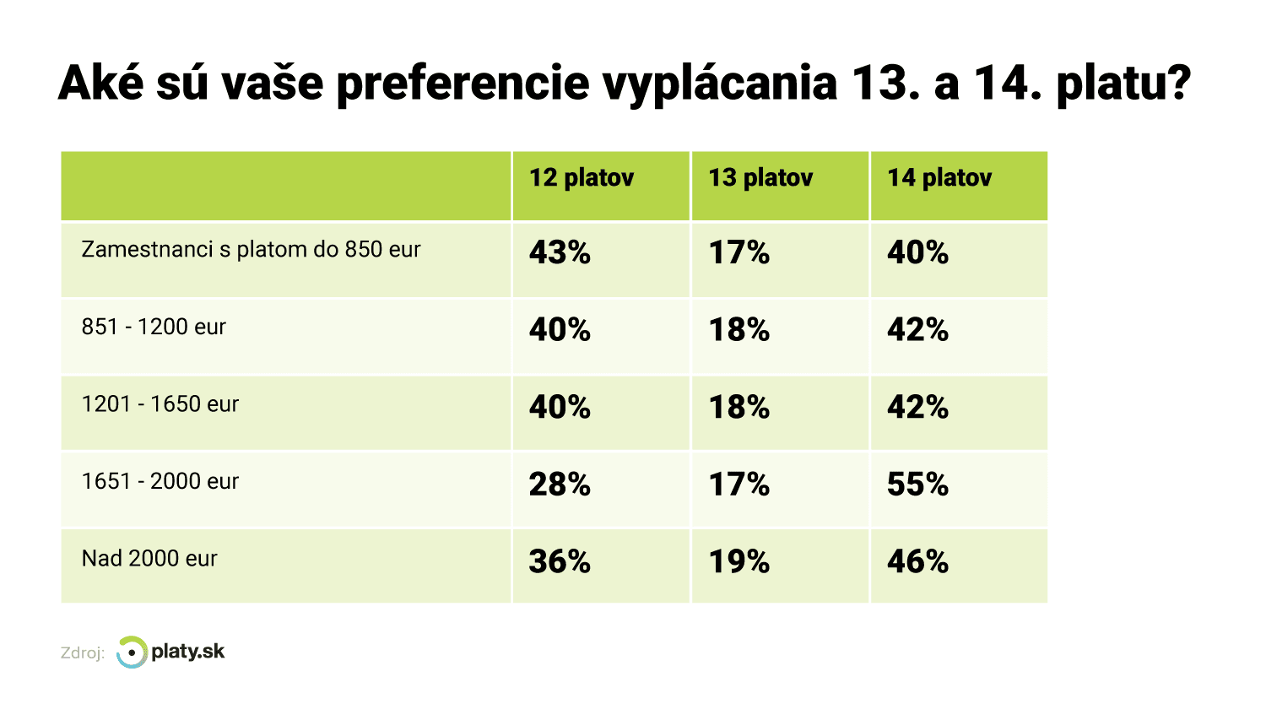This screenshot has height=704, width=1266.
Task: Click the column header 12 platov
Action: pyautogui.click(x=582, y=178)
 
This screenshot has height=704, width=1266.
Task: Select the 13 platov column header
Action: pyautogui.click(x=760, y=178)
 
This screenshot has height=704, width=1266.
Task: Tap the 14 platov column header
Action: pyautogui.click(x=939, y=178)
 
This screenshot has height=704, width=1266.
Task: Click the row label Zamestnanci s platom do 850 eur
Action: pyautogui.click(x=251, y=250)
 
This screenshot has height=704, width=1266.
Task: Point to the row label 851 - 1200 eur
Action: pyautogui.click(x=154, y=327)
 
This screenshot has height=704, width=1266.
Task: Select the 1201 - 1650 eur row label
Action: pyautogui.click(x=160, y=404)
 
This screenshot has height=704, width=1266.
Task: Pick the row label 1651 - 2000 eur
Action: pyautogui.click(x=160, y=481)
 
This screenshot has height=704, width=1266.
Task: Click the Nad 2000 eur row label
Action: pyautogui.click(x=149, y=559)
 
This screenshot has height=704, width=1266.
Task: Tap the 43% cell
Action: pyautogui.click(x=560, y=252)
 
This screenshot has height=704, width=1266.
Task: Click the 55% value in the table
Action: pyautogui.click(x=917, y=485)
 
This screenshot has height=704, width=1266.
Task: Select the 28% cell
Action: pyautogui.click(x=560, y=485)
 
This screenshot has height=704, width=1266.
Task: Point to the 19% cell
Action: pyautogui.click(x=738, y=562)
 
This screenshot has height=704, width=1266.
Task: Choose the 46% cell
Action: pyautogui.click(x=917, y=562)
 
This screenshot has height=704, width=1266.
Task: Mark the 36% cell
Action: pyautogui.click(x=560, y=562)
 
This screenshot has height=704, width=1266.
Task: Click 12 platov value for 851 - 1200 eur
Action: pyautogui.click(x=560, y=329)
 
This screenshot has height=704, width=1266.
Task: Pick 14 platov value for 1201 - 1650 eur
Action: pyautogui.click(x=917, y=407)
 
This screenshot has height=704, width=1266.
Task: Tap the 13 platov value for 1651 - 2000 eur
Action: pyautogui.click(x=738, y=485)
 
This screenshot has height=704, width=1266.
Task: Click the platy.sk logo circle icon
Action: pyautogui.click(x=132, y=653)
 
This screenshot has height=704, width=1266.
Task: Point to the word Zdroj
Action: pyautogui.click(x=82, y=653)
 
